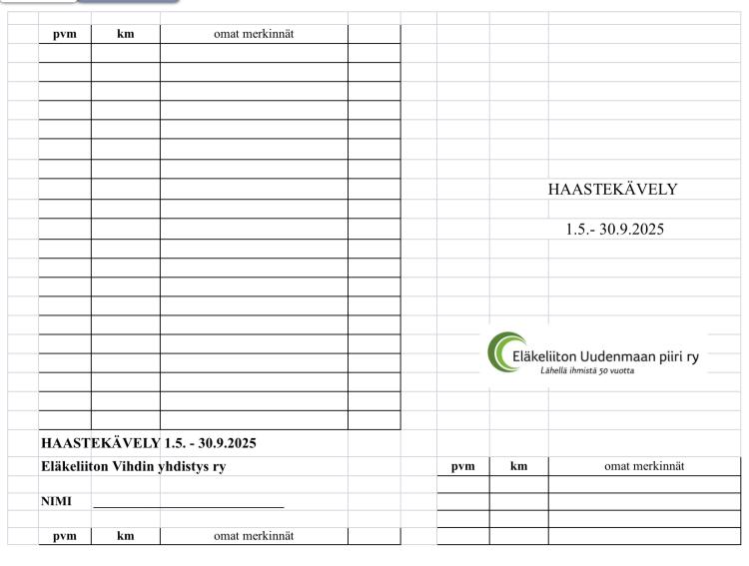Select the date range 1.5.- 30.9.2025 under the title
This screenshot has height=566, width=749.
pos(614,229)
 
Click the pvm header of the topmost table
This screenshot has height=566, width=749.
pos(64,34)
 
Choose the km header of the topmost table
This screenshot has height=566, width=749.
pos(125,34)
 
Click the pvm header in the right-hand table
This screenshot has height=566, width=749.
pos(463,466)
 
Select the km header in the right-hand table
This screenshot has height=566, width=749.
pos(518,466)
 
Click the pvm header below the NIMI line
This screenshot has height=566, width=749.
pos(64,536)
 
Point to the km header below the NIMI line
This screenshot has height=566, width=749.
pos(125,536)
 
